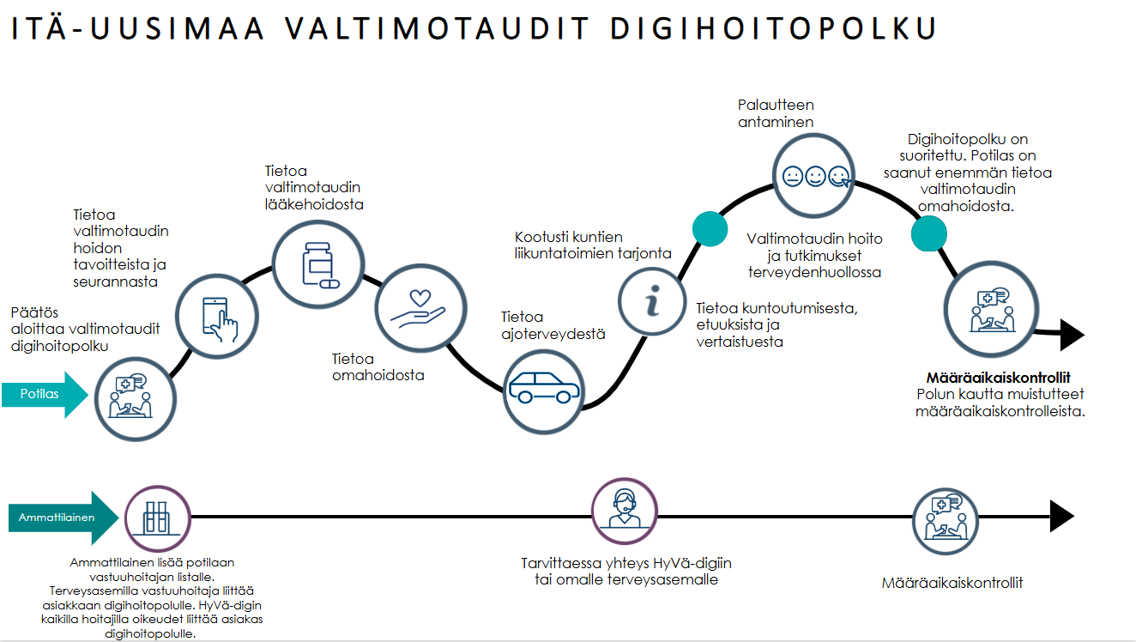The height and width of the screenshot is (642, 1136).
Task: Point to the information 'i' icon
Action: (x=652, y=302)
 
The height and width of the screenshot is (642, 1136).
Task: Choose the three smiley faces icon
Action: (x=815, y=176)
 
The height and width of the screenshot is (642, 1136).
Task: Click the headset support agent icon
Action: (x=624, y=508)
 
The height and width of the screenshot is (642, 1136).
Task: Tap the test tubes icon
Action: (x=157, y=518)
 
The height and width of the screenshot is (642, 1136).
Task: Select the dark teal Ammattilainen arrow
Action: (x=63, y=518)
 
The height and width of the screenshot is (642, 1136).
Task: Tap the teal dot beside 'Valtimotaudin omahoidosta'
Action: (x=928, y=233)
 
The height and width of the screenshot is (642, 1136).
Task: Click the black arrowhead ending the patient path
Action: (x=1072, y=335)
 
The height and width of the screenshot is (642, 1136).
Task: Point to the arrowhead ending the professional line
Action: (x=1061, y=516)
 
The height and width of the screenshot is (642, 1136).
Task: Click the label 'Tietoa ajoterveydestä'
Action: (x=553, y=325)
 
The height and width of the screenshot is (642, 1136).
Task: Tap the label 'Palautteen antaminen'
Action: (x=776, y=113)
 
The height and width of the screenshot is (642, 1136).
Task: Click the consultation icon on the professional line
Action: (x=945, y=520)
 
